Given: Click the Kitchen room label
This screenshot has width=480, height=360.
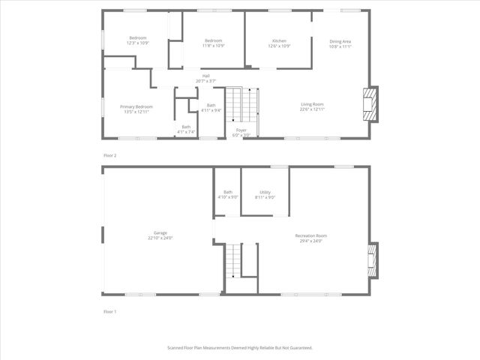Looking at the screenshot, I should pos(280,40).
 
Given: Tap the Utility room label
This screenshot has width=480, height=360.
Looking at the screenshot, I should pos(265,192).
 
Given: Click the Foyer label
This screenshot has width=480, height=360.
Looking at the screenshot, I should pos(241,130).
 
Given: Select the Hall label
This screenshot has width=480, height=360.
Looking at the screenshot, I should pos(205,76).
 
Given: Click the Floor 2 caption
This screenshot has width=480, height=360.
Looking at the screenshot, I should pos(110,154).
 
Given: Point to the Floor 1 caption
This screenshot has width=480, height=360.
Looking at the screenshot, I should pos(110,310).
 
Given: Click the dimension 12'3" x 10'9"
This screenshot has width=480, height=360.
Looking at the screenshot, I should pos(137,43).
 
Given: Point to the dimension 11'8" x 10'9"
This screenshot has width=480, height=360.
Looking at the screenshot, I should pos(214,45).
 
